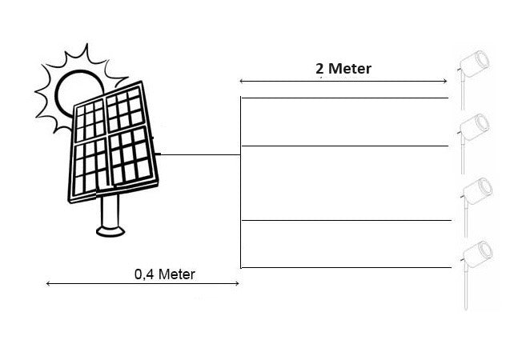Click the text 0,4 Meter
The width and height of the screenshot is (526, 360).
pos(165,274)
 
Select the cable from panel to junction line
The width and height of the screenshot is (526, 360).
pos(200,154)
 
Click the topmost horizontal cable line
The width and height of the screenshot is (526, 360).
pos(344,98)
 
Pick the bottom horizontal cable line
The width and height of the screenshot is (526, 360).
pos(344,267)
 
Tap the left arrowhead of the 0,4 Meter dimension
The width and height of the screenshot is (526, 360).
pos(49,282)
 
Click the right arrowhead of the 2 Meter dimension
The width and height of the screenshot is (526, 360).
pos(444,80)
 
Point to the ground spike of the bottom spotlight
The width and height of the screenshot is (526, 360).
pos(464,292)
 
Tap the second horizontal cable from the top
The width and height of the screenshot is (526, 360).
pos(344,146)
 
